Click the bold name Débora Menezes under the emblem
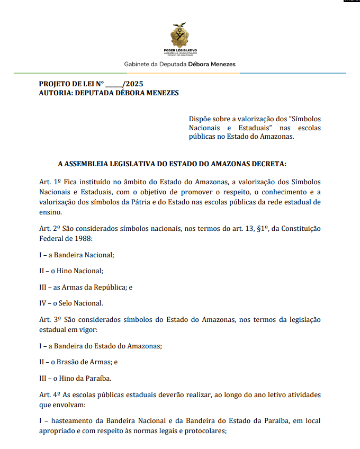(212, 64)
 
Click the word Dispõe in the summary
(200, 119)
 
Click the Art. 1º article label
(50, 182)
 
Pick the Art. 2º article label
(50, 228)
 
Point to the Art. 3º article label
(50, 320)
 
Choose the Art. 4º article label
(50, 395)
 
